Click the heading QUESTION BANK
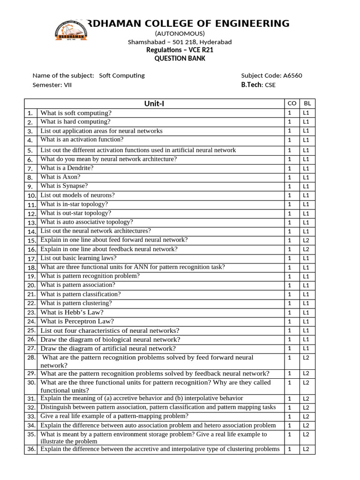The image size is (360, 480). point(180,59)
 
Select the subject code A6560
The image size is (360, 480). point(296,75)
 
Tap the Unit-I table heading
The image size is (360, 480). point(154,104)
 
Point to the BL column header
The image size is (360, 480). point(307,104)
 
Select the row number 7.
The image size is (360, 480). point(30,168)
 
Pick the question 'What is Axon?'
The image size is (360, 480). point(60,177)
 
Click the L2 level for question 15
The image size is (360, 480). point(306,240)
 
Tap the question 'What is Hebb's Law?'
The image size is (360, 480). point(72,312)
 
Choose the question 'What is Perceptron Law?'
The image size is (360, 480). point(77,322)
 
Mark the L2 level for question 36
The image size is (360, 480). point(306,450)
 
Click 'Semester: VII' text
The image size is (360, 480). point(52,85)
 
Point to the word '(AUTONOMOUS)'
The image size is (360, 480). point(180,33)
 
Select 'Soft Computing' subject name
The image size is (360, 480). point(122,75)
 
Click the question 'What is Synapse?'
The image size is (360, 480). point(64,186)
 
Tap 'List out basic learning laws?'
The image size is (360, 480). point(78,258)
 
